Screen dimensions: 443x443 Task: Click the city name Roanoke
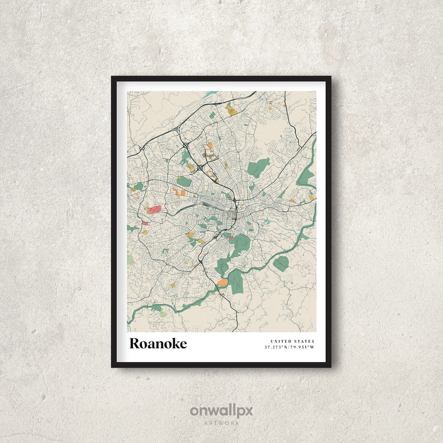point(158,343)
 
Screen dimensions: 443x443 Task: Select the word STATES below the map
point(304,341)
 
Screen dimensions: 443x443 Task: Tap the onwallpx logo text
point(221,411)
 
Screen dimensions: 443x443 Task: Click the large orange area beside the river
point(222,282)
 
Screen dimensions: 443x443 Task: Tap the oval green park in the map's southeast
point(281,264)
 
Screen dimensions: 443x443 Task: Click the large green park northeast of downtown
point(258,168)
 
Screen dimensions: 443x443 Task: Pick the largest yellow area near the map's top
point(231,110)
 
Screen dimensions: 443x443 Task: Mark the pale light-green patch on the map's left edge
point(130,259)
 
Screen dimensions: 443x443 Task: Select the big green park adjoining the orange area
point(235,282)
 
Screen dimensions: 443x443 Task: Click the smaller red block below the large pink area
point(145,224)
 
